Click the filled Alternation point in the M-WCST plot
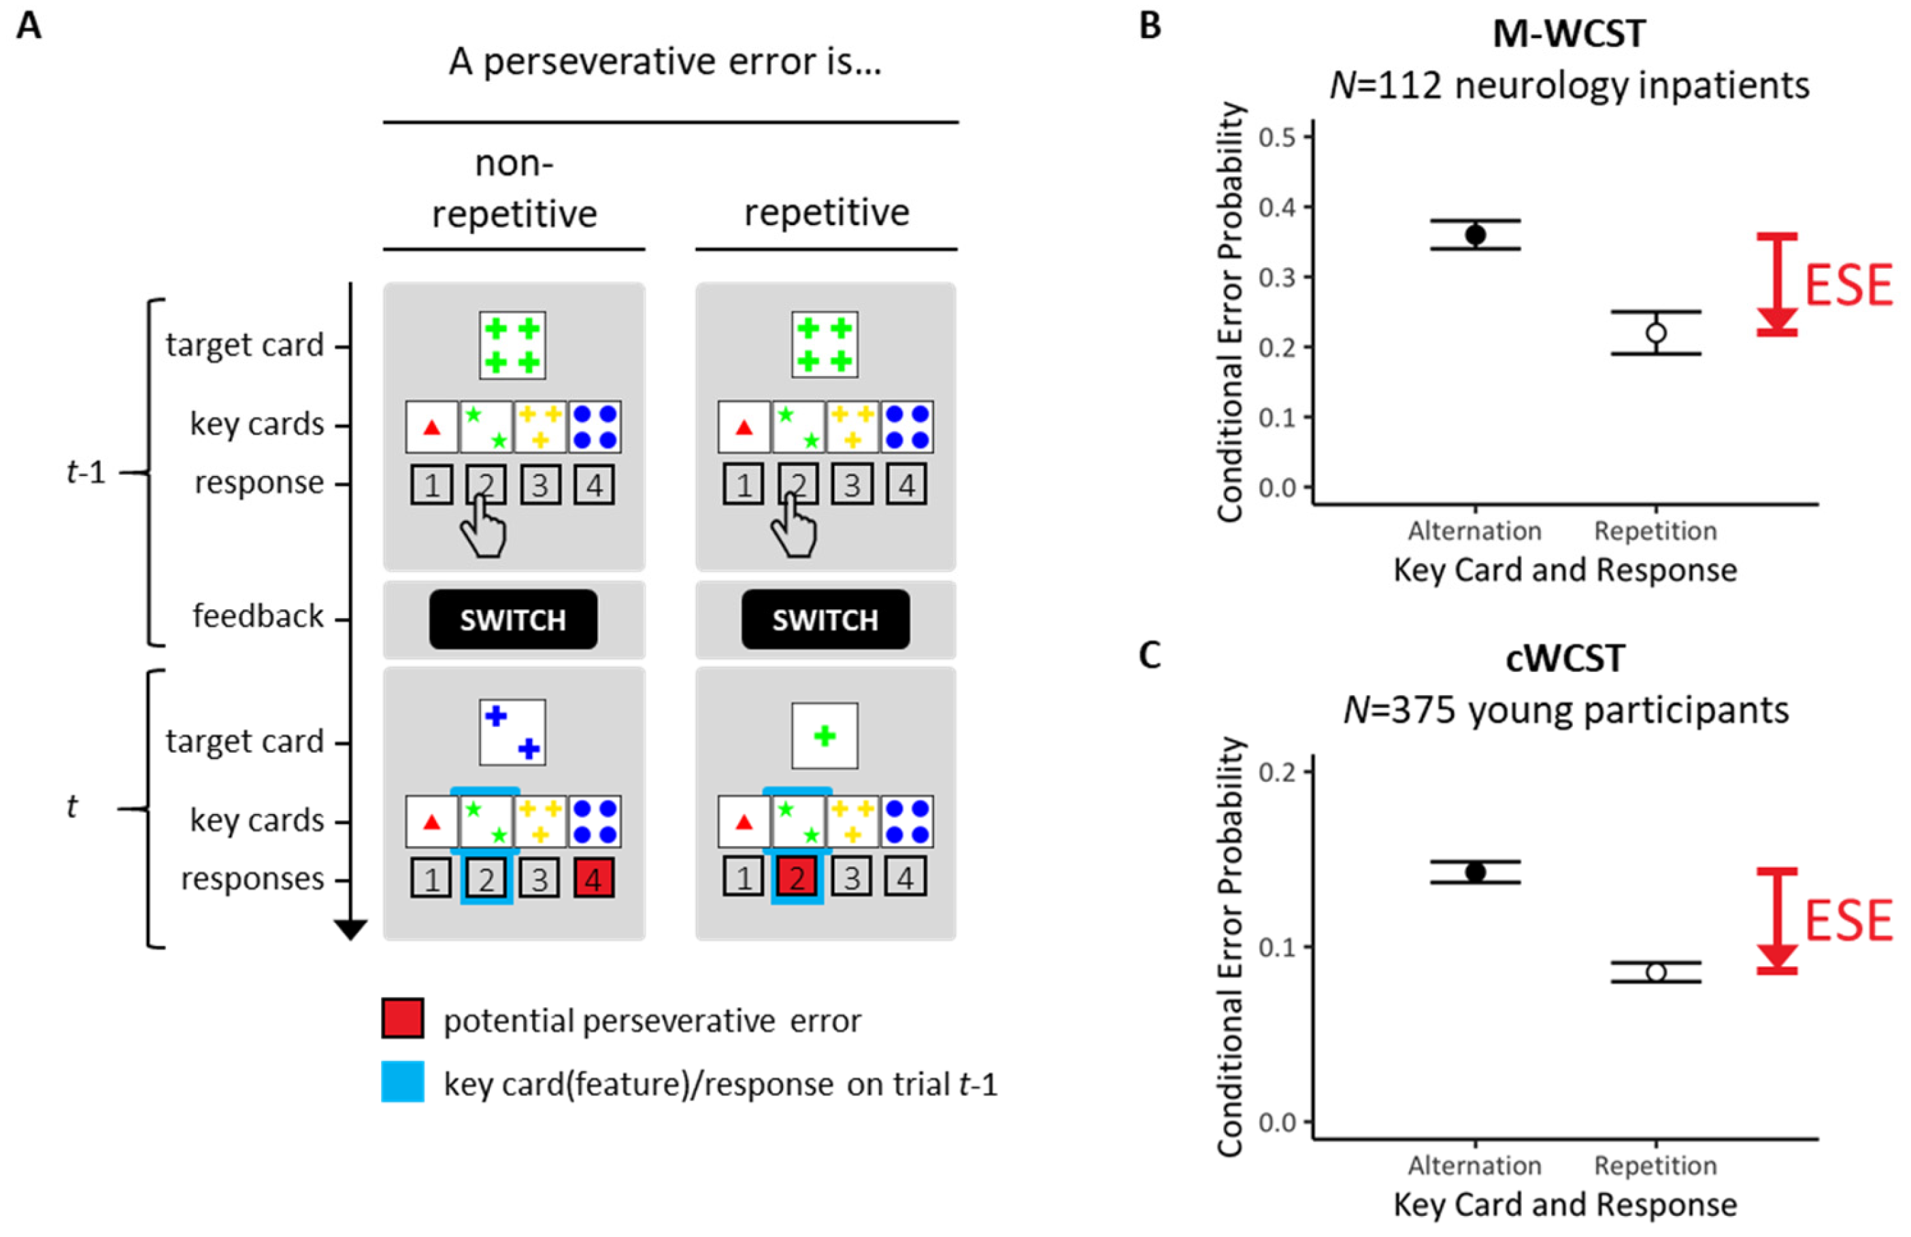pos(1475,235)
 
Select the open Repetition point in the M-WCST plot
pos(1656,333)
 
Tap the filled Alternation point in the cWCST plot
pos(1475,872)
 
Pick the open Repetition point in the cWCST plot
pos(1656,972)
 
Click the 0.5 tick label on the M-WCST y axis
pos(1278,137)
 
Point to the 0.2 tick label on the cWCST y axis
pos(1278,773)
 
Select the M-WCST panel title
pos(1569,34)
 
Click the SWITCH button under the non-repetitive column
pos(513,620)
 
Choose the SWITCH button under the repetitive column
pos(825,620)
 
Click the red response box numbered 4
pos(594,878)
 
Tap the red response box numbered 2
pos(797,878)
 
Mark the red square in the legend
pos(402,1019)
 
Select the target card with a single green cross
pos(825,735)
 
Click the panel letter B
pos(1150,26)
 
